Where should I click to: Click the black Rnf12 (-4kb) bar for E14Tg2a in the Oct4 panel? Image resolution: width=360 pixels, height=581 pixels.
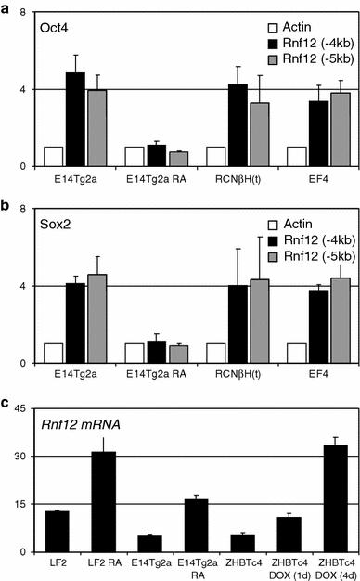pos(75,120)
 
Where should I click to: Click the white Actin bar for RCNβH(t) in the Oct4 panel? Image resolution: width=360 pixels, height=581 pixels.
pos(215,157)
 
